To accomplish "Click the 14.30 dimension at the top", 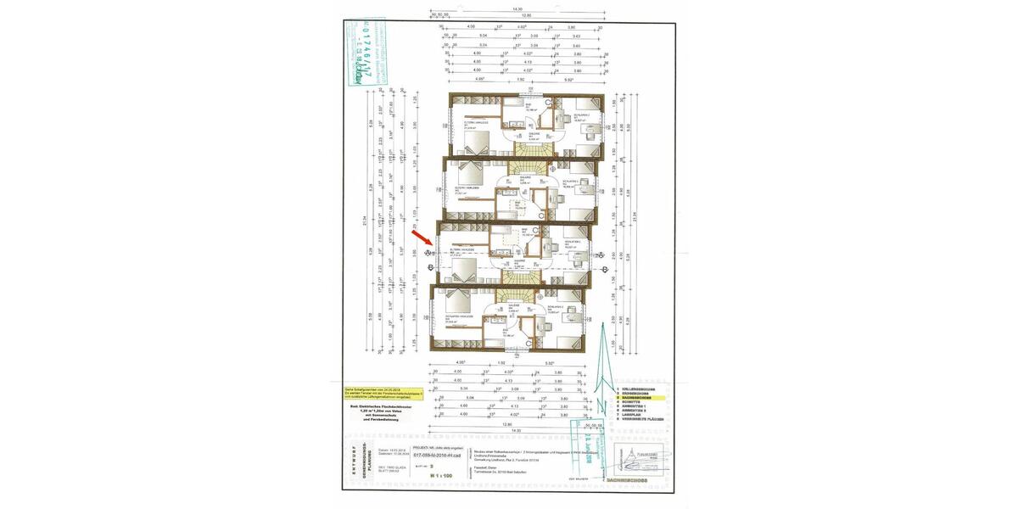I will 517,8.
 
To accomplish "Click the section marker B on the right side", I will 601,255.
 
